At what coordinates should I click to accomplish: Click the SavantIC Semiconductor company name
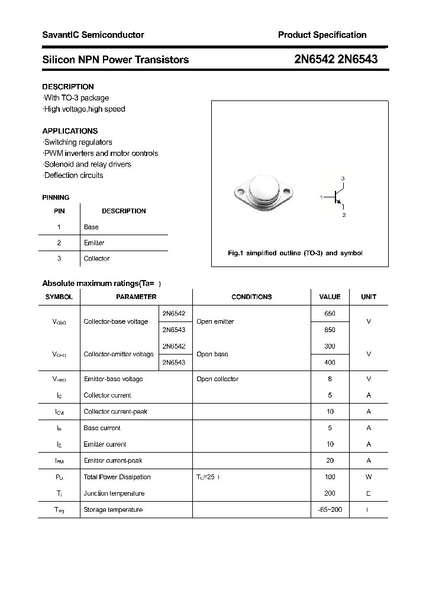coord(93,35)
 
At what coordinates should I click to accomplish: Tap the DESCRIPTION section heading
coord(67,87)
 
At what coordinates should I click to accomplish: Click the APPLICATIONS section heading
coord(70,131)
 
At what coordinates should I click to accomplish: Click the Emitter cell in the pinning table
coord(94,243)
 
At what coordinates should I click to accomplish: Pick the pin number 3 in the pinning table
coord(59,259)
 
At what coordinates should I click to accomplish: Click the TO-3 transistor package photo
coord(263,193)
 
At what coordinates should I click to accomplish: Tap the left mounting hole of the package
coord(240,191)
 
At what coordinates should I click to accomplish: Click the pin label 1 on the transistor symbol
coord(321,197)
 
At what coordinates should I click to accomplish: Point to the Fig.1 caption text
coord(295,253)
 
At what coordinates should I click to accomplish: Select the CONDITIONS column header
coord(251,297)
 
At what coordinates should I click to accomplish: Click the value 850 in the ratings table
coord(330,330)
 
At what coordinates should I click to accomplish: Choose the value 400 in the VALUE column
coord(330,362)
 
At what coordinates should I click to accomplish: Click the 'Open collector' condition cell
coord(217,379)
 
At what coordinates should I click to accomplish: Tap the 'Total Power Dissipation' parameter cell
coord(117,477)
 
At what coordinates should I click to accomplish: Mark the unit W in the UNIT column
coord(368,477)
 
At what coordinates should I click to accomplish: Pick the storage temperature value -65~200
coord(330,509)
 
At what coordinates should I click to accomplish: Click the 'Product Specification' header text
coord(322,35)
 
